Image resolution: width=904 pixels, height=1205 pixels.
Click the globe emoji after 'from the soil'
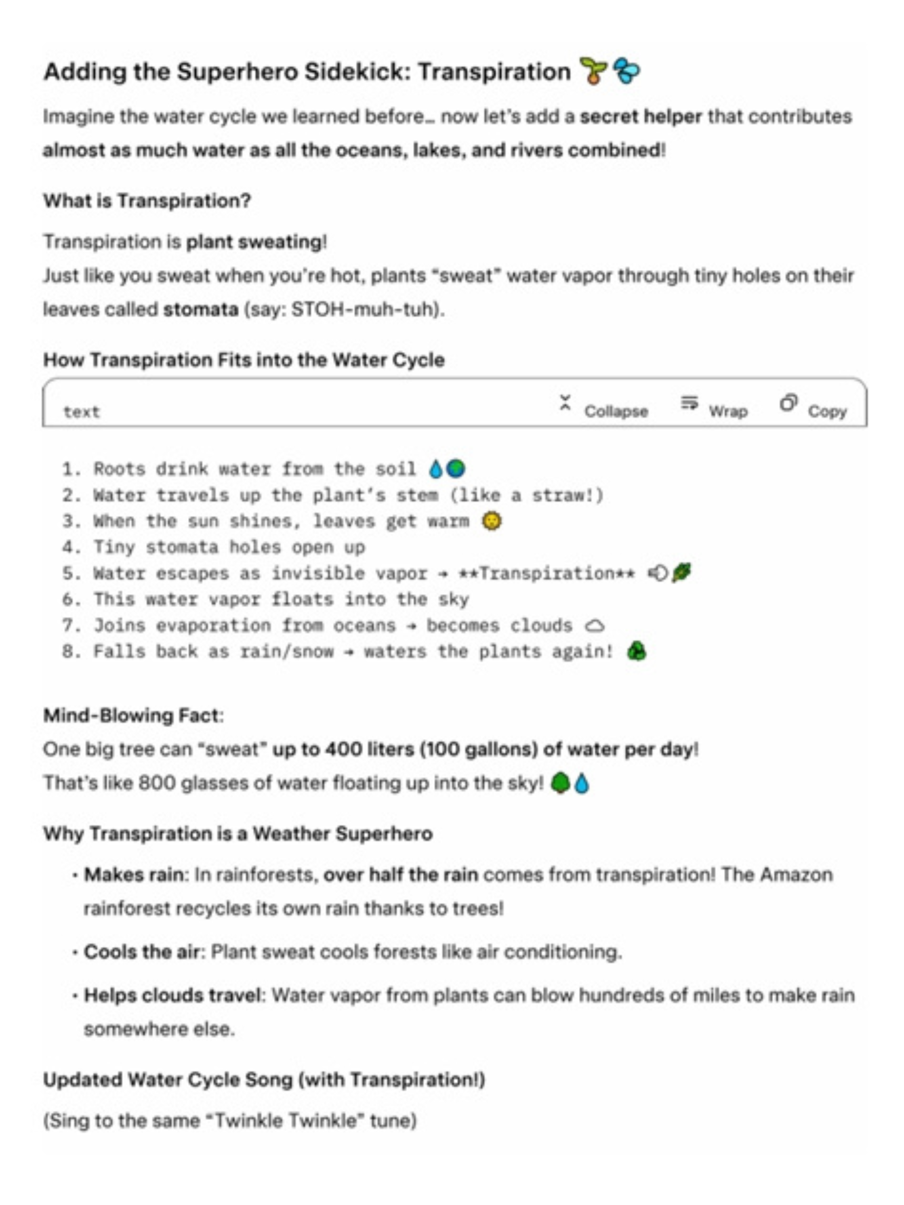click(456, 468)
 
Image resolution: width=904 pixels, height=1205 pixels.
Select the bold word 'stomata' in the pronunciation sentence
click(200, 309)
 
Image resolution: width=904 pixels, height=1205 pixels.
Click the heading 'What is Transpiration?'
click(147, 200)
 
